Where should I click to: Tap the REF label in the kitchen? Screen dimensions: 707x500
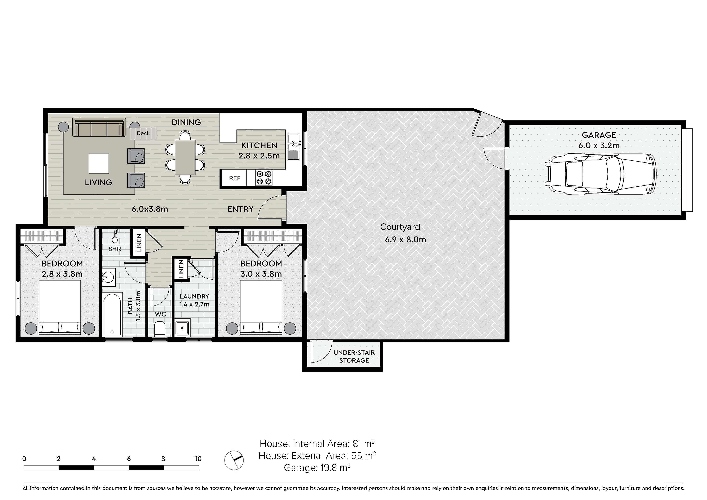pyautogui.click(x=235, y=178)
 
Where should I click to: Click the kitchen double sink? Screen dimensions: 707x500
pyautogui.click(x=293, y=146)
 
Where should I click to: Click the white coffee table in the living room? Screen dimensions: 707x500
pyautogui.click(x=99, y=164)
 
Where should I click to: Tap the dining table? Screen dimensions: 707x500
pyautogui.click(x=185, y=157)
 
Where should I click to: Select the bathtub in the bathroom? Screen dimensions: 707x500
pyautogui.click(x=112, y=315)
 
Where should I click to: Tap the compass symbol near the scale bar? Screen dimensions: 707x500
pyautogui.click(x=234, y=460)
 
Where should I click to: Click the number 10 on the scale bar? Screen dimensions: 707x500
pyautogui.click(x=198, y=459)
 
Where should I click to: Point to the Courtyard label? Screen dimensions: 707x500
pyautogui.click(x=400, y=227)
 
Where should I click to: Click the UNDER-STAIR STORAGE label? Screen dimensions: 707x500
pyautogui.click(x=354, y=356)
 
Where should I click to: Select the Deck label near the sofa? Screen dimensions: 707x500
pyautogui.click(x=143, y=133)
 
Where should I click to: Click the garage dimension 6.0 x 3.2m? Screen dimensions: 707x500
pyautogui.click(x=599, y=145)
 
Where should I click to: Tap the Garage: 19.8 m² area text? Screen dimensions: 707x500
pyautogui.click(x=317, y=468)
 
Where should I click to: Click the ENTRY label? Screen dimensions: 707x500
pyautogui.click(x=240, y=209)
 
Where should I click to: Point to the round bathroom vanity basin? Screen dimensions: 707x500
pyautogui.click(x=108, y=276)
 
